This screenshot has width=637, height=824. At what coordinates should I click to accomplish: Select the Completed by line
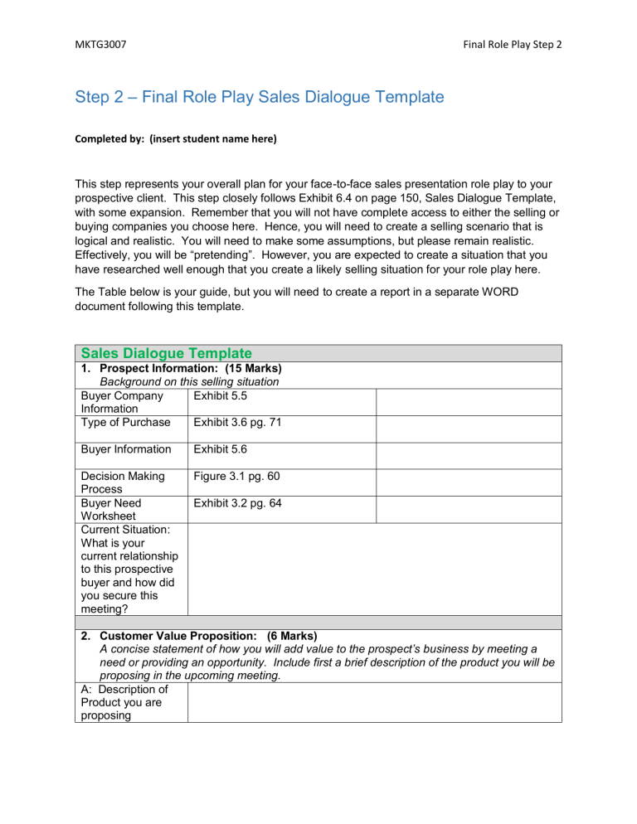[x=177, y=139]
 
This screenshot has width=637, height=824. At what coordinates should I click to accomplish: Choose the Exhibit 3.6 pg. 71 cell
[x=240, y=424]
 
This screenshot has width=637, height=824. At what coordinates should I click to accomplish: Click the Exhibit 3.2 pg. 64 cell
[x=240, y=502]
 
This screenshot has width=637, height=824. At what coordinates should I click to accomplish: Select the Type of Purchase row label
[x=125, y=424]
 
